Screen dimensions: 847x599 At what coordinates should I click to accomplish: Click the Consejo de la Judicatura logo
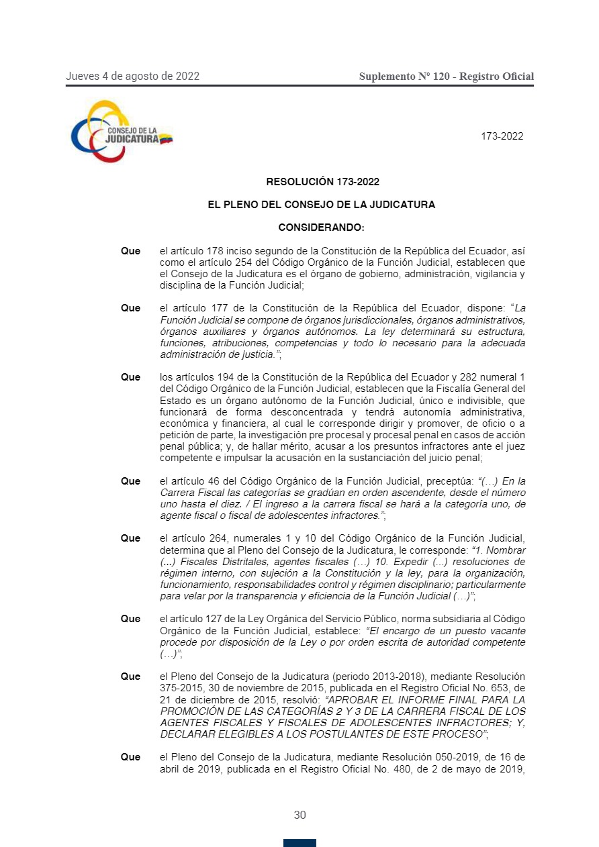pyautogui.click(x=122, y=131)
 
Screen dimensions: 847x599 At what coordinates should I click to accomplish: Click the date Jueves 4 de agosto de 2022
pyautogui.click(x=132, y=76)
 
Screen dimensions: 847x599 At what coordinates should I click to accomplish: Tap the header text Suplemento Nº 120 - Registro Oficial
pyautogui.click(x=447, y=77)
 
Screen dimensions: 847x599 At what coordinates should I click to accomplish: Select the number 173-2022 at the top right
pyautogui.click(x=502, y=136)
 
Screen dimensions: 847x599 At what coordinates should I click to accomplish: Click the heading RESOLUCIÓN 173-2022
pyautogui.click(x=323, y=181)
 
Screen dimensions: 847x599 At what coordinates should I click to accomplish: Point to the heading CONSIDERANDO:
pyautogui.click(x=322, y=228)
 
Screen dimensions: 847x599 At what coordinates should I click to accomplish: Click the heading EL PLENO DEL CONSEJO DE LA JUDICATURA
pyautogui.click(x=322, y=205)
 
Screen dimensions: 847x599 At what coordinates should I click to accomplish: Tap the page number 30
pyautogui.click(x=299, y=815)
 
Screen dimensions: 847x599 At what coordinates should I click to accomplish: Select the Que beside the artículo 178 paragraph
pyautogui.click(x=130, y=251)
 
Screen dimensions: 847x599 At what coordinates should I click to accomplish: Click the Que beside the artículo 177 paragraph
pyautogui.click(x=130, y=308)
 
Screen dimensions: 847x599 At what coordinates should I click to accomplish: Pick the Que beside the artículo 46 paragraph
pyautogui.click(x=130, y=481)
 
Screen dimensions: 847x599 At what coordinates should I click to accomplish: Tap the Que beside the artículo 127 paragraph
pyautogui.click(x=130, y=619)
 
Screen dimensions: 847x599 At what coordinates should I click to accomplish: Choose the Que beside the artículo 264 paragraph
pyautogui.click(x=130, y=538)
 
